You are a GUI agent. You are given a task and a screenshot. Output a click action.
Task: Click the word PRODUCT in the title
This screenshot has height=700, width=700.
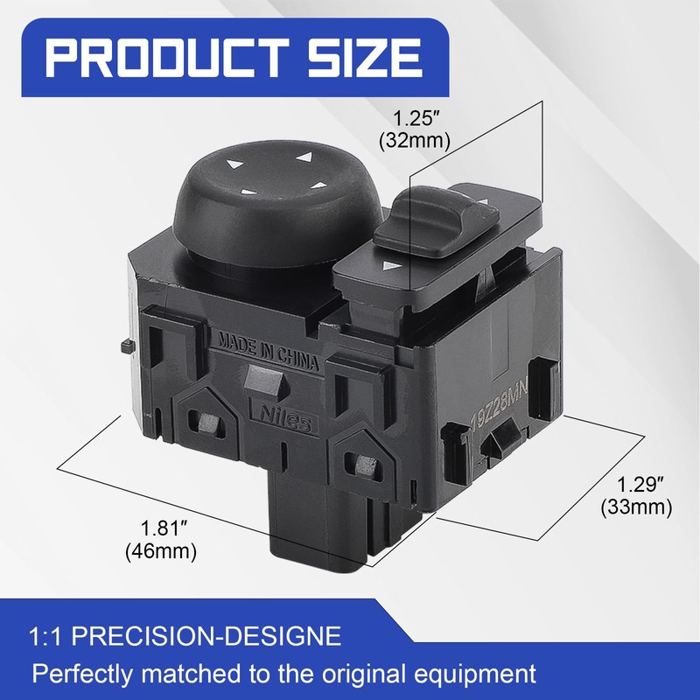166,58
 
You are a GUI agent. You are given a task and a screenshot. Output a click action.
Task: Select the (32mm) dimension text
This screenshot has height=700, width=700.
415,141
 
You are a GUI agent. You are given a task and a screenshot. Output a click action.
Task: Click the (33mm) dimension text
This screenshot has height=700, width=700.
637,507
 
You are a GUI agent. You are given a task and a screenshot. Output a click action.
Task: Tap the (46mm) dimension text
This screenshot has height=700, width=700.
161,551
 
